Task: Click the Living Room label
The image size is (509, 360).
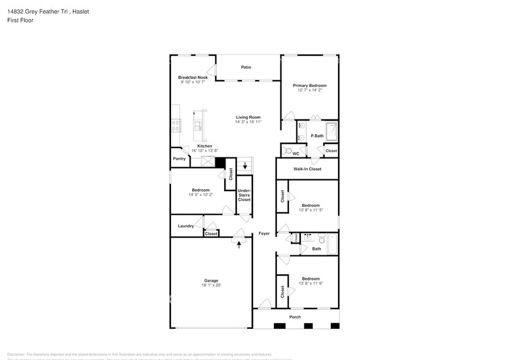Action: pos(248,117)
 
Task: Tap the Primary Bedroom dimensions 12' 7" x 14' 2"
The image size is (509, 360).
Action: pos(309,91)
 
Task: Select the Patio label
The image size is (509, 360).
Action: pos(246,67)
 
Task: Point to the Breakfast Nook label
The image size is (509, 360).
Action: pos(192,78)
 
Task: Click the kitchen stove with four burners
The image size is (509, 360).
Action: pos(176,126)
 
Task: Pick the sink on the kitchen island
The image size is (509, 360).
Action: pos(198,126)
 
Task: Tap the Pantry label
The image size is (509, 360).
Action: pos(179,159)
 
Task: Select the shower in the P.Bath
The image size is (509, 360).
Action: pos(331,131)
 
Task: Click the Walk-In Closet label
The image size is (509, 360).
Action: pos(307,169)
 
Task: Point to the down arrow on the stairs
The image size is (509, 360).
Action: pos(246,165)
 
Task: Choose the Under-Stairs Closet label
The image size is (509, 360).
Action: pos(244,195)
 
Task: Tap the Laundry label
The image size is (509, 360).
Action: pos(186,226)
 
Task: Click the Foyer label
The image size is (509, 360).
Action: pos(264,233)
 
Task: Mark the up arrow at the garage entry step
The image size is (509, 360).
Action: pos(239,244)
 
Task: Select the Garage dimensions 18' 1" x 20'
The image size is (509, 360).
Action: pos(211,285)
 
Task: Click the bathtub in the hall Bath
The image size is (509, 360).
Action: pos(331,244)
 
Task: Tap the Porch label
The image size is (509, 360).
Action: pos(295,317)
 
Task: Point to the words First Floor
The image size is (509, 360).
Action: pos(21,20)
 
